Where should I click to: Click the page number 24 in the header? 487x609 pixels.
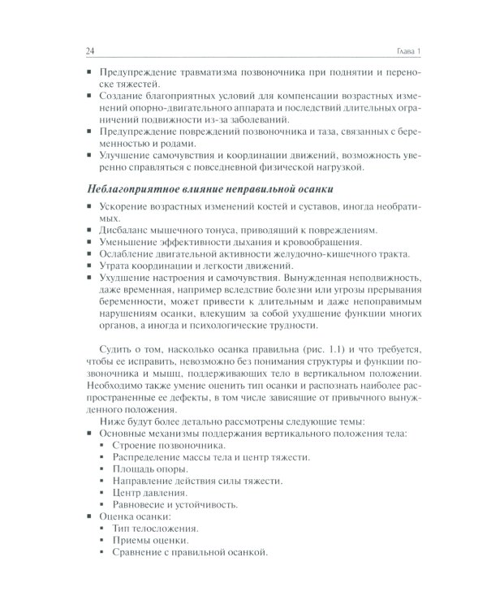coord(90,52)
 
